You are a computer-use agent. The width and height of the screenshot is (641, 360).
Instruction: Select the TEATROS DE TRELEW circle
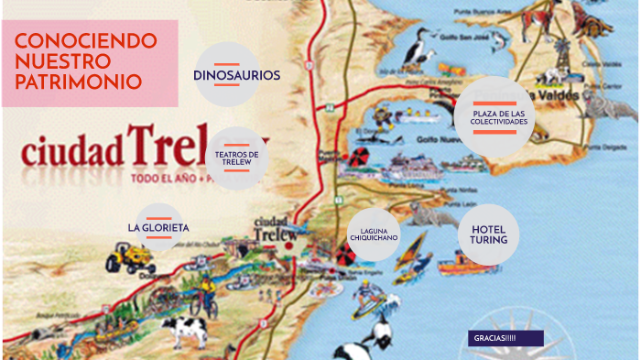(x=236, y=158)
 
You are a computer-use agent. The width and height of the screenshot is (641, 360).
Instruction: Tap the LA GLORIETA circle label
(x=158, y=227)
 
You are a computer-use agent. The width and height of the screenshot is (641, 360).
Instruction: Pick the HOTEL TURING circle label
(x=488, y=234)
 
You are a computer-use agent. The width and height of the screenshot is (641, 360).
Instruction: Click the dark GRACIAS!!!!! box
(x=505, y=338)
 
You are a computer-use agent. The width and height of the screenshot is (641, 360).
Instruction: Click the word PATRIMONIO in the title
(x=79, y=82)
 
